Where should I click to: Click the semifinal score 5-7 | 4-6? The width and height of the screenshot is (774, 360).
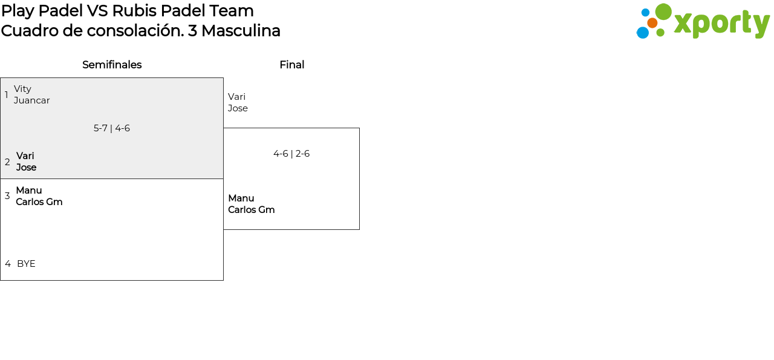112,128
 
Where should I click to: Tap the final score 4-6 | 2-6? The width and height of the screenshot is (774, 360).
291,154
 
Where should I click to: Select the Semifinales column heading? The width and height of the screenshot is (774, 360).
112,65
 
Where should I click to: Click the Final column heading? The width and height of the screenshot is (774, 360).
291,65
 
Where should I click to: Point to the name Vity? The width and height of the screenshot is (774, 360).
22,89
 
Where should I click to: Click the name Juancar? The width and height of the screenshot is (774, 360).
32,100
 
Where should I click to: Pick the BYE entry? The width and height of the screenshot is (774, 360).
26,264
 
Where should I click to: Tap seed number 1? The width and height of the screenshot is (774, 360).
7,95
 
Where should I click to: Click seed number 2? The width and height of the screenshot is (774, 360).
7,162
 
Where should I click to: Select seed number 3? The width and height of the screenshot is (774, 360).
7,196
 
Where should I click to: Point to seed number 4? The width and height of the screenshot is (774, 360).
8,264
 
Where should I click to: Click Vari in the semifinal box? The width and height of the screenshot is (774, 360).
25,156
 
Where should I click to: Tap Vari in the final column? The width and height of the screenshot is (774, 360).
236,97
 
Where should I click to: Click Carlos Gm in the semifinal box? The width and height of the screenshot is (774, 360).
39,202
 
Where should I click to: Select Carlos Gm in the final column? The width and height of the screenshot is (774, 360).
252,210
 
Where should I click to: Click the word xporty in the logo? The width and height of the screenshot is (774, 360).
721,24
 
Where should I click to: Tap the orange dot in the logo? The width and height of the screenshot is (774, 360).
652,23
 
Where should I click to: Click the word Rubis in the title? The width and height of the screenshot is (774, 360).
132,11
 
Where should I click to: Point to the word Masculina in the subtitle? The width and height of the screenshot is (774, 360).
241,31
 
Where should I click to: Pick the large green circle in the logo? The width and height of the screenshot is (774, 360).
663,11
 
